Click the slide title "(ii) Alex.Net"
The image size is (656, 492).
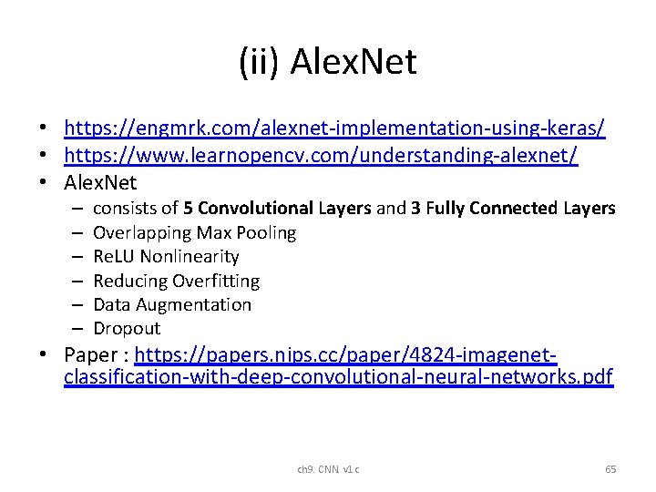coord(327,62)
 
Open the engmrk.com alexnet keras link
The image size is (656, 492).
coord(334,128)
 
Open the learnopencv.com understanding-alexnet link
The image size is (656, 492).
coord(321,156)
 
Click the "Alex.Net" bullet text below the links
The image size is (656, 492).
coord(100,183)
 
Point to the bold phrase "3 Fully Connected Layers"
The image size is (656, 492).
coord(513,209)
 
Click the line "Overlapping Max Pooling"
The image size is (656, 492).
coord(194,232)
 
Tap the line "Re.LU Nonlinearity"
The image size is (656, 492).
coord(166,257)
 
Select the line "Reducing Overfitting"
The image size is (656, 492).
coord(176,281)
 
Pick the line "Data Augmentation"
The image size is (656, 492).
coord(172,304)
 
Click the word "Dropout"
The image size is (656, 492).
coord(127,328)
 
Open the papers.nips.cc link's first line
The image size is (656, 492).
coord(345,354)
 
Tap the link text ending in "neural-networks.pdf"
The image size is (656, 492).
coord(338,377)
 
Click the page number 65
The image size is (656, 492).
coord(610,469)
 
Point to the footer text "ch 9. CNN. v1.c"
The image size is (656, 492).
coord(328,469)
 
